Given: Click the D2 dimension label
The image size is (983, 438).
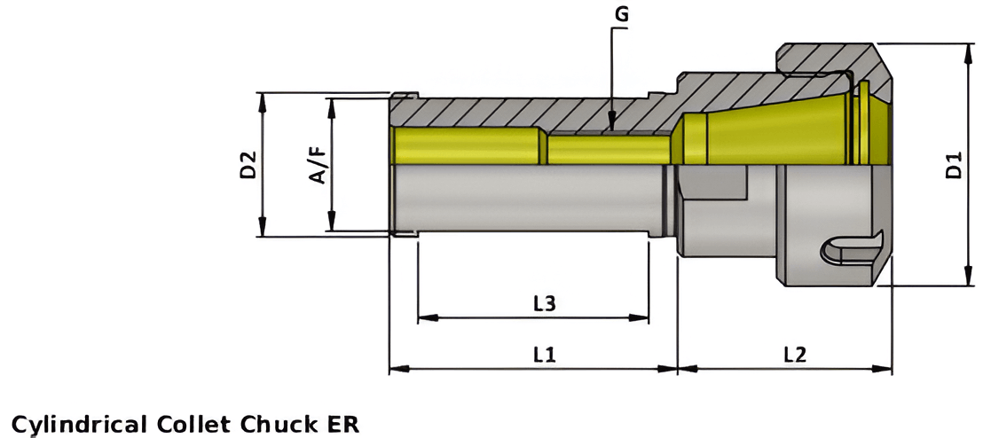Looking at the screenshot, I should pos(248,165).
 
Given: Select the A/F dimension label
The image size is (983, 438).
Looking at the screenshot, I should pos(318,165).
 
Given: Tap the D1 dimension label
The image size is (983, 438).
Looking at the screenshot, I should pos(954,166).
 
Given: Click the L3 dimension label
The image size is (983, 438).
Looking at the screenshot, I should pos(544,303).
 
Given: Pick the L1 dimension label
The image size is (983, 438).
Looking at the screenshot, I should pos(544,355).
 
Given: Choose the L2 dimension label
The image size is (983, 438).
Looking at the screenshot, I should pos(794,355).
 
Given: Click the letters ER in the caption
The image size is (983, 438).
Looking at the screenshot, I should pos(342,423).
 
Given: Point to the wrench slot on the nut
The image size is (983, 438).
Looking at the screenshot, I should pos(852,249).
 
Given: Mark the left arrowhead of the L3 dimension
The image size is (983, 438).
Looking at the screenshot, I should pos(423,317).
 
